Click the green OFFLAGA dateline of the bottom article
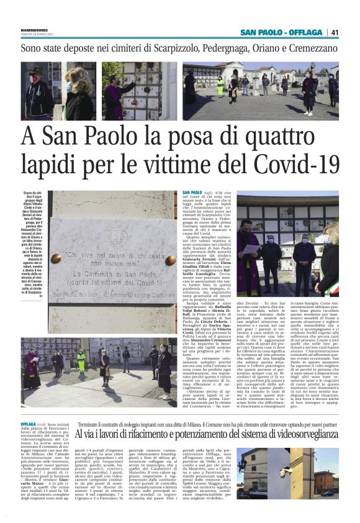point(29,439)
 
